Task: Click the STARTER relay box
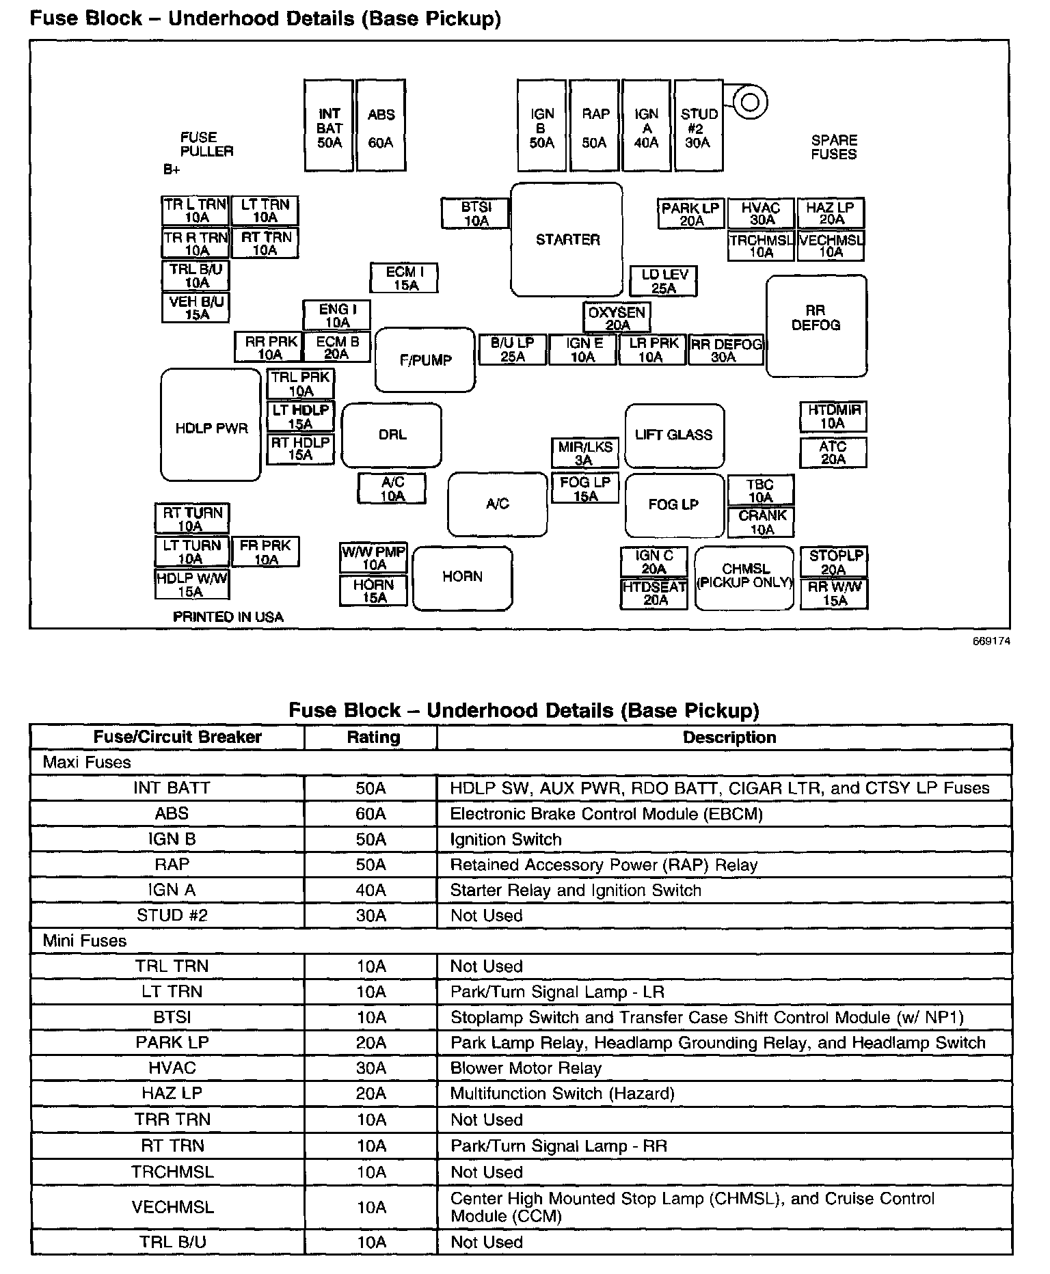(567, 240)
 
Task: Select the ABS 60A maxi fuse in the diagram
(381, 125)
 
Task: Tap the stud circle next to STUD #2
(750, 103)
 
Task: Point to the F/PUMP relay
(425, 360)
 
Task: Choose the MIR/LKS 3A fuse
(585, 453)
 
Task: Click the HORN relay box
(462, 578)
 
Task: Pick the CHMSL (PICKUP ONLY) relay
(744, 577)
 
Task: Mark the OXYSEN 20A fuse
(617, 318)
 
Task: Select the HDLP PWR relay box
(211, 425)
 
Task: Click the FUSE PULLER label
(206, 144)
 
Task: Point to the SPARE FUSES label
(833, 147)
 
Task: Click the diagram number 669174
(992, 641)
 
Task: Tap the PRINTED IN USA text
(228, 616)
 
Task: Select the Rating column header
(373, 737)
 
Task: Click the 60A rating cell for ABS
(371, 813)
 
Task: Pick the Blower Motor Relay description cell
(526, 1068)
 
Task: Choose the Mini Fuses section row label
(85, 940)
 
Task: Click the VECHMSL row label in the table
(172, 1207)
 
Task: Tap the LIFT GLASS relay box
(674, 435)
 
